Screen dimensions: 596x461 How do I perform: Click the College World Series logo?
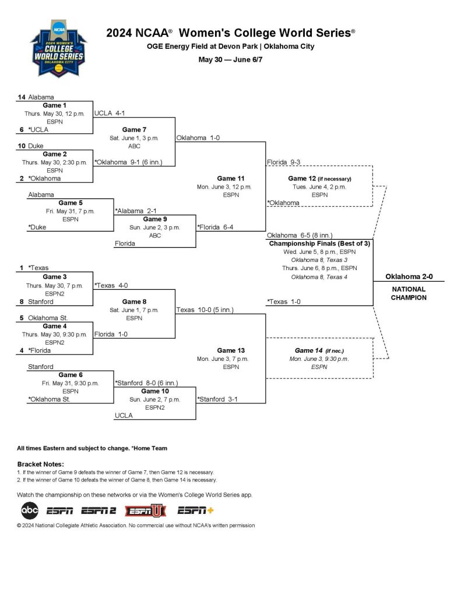(x=57, y=50)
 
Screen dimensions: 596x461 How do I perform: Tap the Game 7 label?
(x=134, y=130)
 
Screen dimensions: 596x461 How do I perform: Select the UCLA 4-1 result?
(x=110, y=113)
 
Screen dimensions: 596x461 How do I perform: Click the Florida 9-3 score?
(x=283, y=162)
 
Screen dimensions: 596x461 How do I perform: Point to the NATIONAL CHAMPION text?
(x=409, y=293)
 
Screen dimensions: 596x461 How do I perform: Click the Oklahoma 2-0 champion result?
(x=409, y=276)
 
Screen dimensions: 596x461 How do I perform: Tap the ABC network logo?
(x=30, y=511)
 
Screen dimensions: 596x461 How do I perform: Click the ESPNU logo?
(x=146, y=511)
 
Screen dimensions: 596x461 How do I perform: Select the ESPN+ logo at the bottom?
(x=195, y=511)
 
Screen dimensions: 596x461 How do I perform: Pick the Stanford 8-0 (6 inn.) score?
(x=146, y=383)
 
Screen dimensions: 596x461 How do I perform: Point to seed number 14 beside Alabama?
(x=21, y=97)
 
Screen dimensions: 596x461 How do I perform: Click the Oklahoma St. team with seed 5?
(x=48, y=318)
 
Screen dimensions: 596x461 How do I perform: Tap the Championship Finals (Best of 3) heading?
(x=319, y=243)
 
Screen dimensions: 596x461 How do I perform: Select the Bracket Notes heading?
(x=40, y=464)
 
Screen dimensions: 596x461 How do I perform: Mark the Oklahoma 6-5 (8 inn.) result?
(x=300, y=235)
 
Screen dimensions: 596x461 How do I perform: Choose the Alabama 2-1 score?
(x=136, y=211)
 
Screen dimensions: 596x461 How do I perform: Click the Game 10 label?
(x=155, y=391)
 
